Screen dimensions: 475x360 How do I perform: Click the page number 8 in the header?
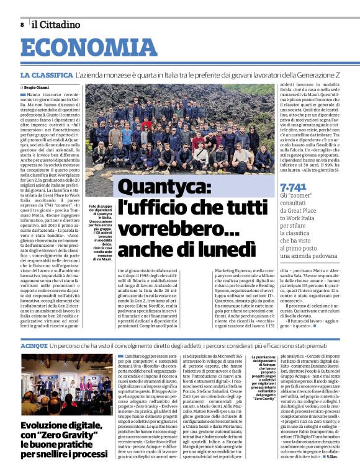point(22,25)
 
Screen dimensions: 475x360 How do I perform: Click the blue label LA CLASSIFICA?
point(46,74)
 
